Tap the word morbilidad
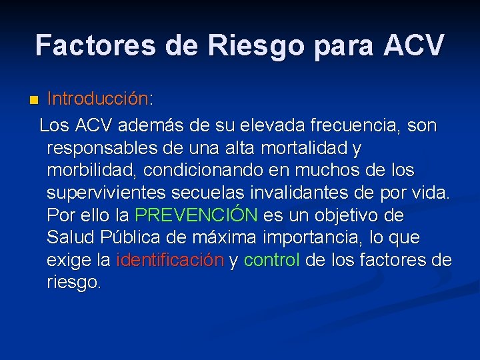pyautogui.click(x=87, y=170)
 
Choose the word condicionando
pyautogui.click(x=199, y=170)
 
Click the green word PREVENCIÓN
pyautogui.click(x=196, y=215)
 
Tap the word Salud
pyautogui.click(x=71, y=238)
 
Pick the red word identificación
pyautogui.click(x=169, y=261)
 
